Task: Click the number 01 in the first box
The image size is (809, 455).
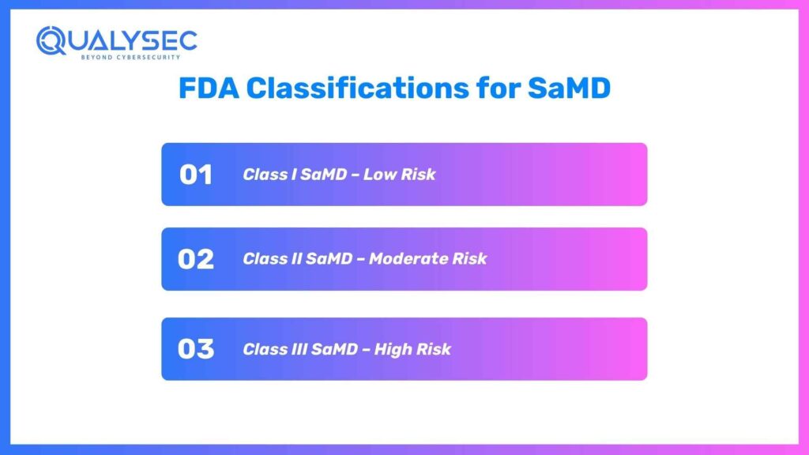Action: (196, 175)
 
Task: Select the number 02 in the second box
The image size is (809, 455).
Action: (196, 259)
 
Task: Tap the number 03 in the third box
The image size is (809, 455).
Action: (196, 349)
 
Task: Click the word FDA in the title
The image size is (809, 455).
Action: (209, 88)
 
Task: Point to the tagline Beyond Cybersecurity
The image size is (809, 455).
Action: (130, 57)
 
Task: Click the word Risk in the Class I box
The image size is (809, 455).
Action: (418, 175)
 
